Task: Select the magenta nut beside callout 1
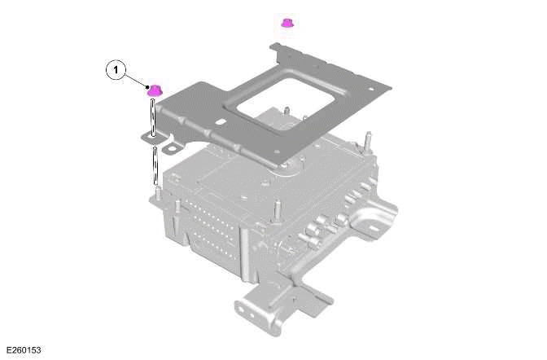(x=153, y=90)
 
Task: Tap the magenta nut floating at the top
(x=287, y=22)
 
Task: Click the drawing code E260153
(x=24, y=350)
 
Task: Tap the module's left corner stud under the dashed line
(x=153, y=195)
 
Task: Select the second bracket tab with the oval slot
(x=173, y=149)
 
